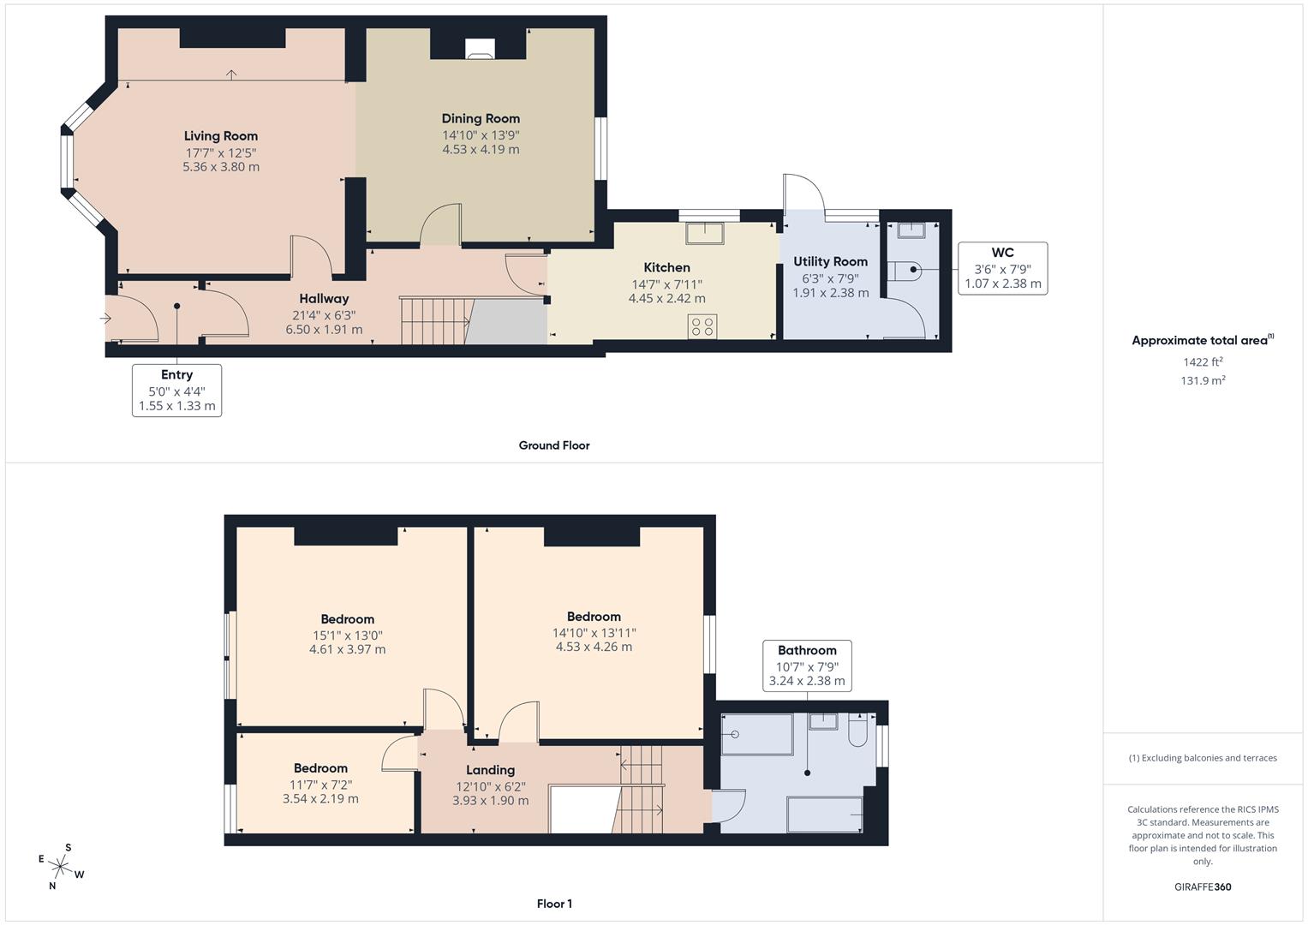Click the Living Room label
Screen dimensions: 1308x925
click(x=221, y=136)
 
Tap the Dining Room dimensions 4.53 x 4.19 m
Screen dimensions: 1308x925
click(x=481, y=150)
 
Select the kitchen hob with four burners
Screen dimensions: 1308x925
click(x=702, y=326)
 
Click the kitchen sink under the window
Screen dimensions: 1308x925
click(x=705, y=232)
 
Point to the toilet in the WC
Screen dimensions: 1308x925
click(x=905, y=271)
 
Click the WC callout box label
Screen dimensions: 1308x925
click(x=1002, y=253)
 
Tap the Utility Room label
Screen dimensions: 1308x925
click(x=830, y=261)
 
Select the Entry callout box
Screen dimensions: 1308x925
click(x=177, y=390)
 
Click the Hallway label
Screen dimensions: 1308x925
click(x=324, y=298)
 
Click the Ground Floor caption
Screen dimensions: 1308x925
click(x=554, y=445)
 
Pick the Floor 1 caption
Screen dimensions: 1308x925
click(x=554, y=904)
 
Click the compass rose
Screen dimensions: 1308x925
click(x=61, y=867)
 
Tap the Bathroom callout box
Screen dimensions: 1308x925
click(x=807, y=665)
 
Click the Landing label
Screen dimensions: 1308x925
click(x=491, y=770)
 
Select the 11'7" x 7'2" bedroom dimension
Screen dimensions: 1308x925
click(x=320, y=785)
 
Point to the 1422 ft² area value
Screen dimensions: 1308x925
click(x=1203, y=362)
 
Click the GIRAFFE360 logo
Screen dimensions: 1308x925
click(x=1203, y=887)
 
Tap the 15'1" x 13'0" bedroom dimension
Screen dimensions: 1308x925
click(x=348, y=636)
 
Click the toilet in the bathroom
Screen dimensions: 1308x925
click(x=857, y=731)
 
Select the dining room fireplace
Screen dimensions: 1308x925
click(x=480, y=49)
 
